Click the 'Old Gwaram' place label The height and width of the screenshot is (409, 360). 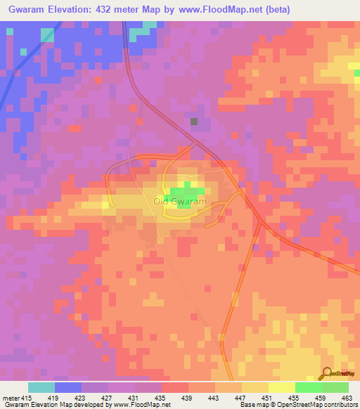tap(180, 202)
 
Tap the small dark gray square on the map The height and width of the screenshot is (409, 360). tap(194, 122)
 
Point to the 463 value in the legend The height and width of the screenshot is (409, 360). tap(346, 397)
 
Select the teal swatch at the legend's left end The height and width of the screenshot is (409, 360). tap(41, 387)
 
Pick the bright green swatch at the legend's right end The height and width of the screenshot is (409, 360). tap(335, 387)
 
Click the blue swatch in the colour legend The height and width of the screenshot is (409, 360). tap(68, 387)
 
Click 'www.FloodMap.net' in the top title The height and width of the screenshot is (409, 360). tap(221, 9)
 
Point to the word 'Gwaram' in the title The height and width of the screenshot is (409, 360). tap(25, 9)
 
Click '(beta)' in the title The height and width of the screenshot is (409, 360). tap(274, 9)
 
